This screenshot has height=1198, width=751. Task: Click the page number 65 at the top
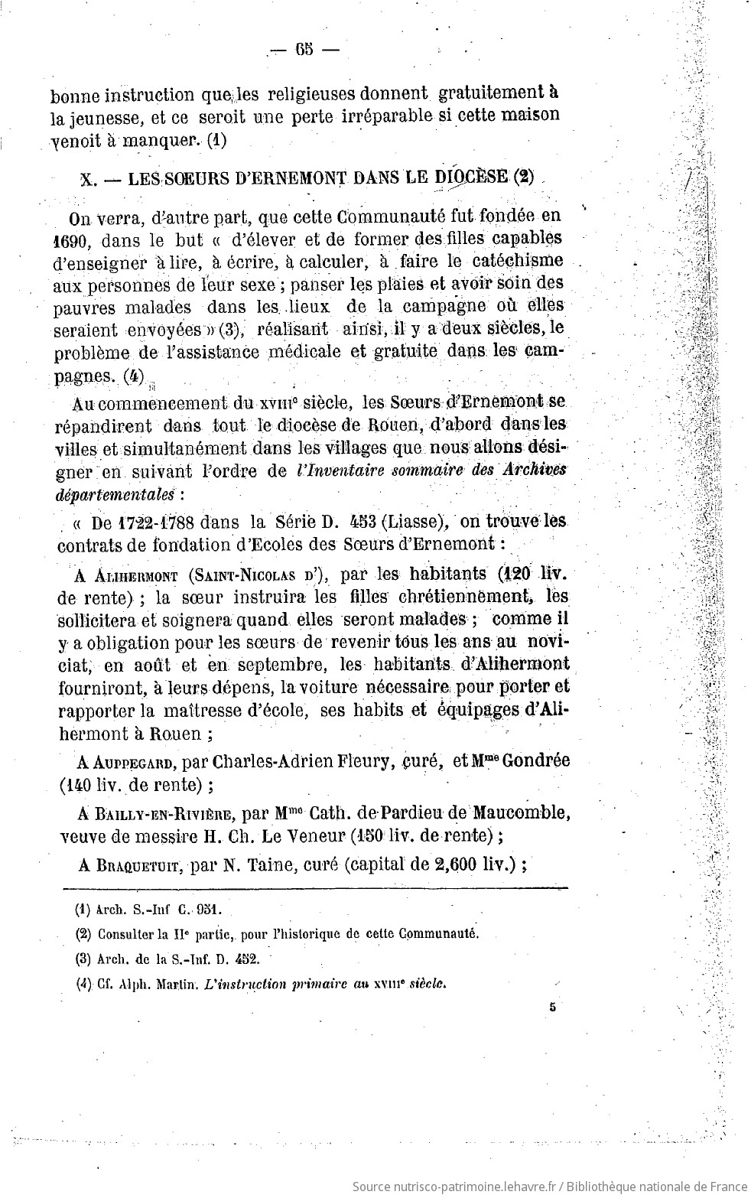coord(302,51)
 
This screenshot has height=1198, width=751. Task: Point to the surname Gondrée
coord(536,761)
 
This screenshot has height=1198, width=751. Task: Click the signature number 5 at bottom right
coord(551,1008)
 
